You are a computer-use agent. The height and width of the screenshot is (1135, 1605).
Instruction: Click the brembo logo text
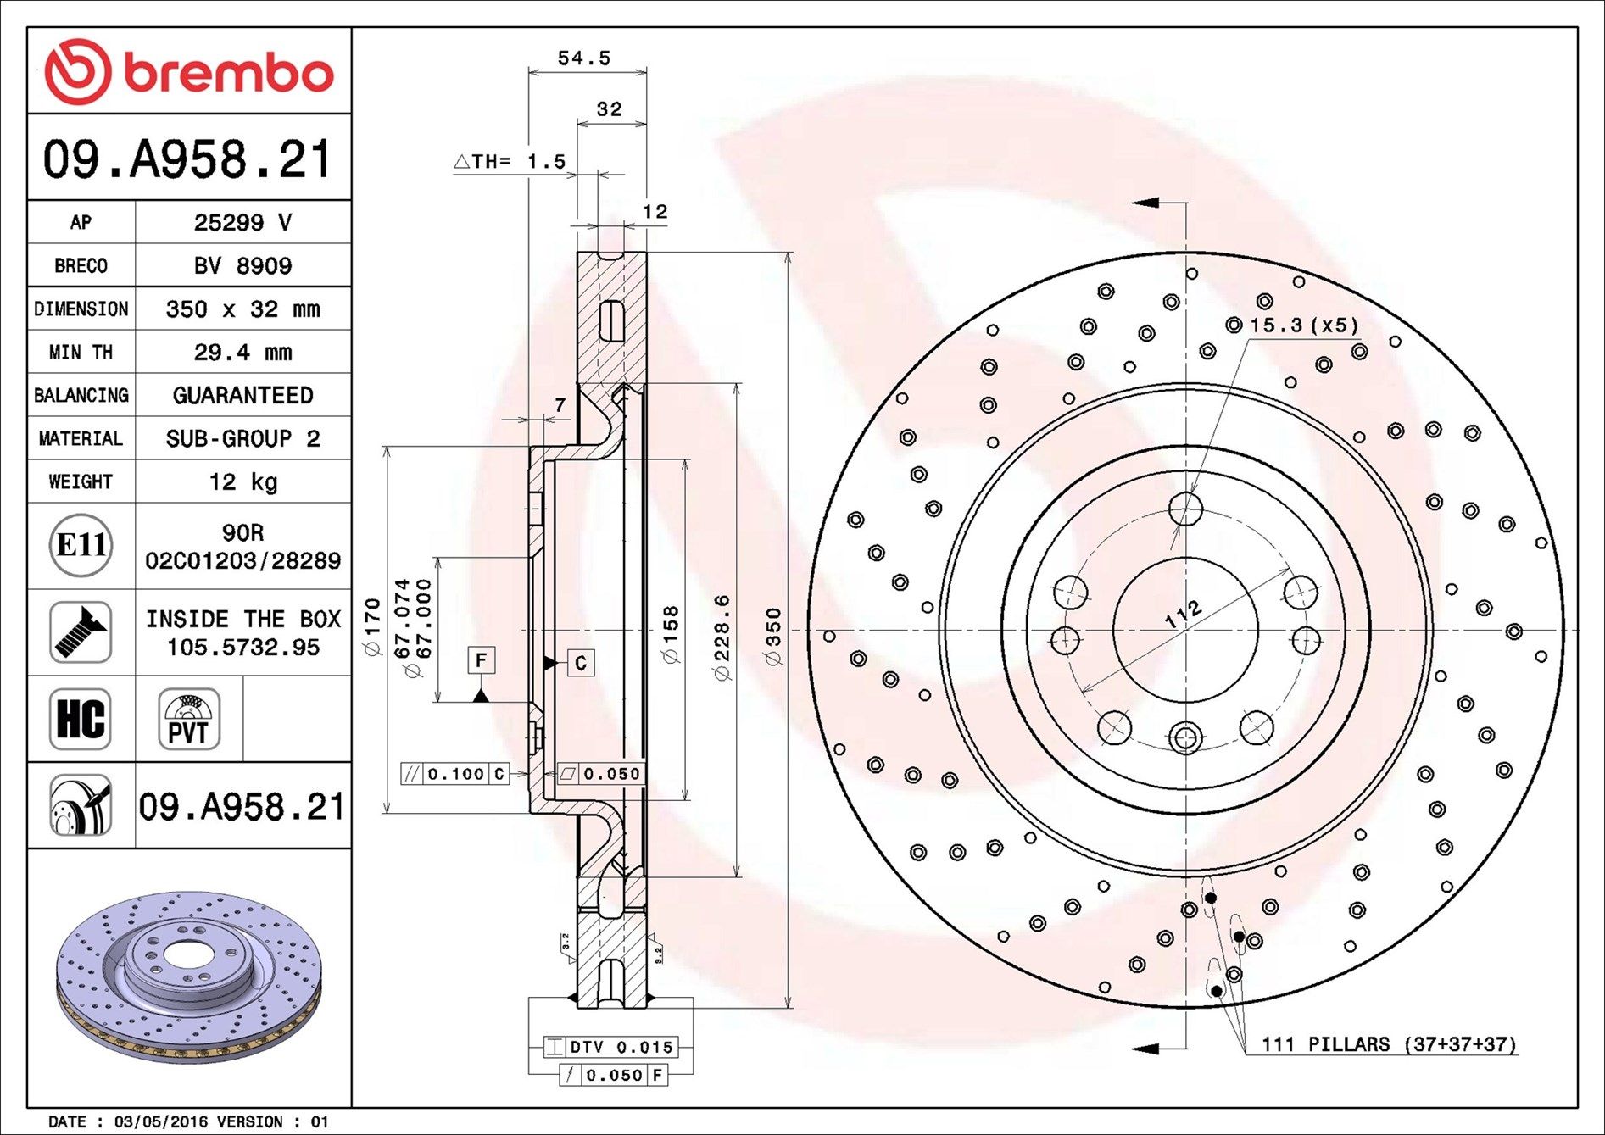[227, 73]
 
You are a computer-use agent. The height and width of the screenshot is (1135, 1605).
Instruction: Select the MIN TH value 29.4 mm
[242, 352]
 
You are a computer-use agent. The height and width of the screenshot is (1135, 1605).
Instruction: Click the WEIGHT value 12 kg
[242, 481]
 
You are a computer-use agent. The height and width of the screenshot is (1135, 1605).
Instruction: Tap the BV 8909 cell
[242, 265]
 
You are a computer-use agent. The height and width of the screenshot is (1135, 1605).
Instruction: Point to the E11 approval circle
[81, 544]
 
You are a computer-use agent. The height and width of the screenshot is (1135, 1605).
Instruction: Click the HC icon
[81, 719]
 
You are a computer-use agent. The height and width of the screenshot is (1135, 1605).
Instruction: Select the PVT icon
[188, 719]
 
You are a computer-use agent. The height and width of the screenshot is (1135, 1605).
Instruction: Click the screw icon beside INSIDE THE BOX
[81, 632]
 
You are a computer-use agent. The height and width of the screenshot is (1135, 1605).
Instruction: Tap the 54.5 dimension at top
[583, 58]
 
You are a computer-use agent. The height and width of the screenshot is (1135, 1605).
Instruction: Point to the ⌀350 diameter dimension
[773, 636]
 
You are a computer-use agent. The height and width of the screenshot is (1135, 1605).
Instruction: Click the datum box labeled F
[482, 660]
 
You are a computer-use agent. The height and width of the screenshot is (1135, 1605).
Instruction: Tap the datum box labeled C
[581, 663]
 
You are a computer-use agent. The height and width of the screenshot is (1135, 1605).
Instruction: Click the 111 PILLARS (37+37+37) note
[1388, 1044]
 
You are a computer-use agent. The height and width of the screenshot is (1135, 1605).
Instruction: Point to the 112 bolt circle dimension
[1183, 614]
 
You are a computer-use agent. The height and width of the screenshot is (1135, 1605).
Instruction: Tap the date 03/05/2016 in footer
[160, 1121]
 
